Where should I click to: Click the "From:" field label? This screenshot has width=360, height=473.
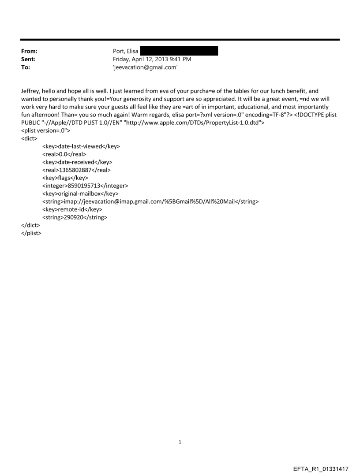29,52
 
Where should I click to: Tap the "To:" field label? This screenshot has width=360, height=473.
25,67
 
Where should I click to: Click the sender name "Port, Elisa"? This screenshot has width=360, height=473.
126,52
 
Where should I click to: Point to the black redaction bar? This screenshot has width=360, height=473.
179,51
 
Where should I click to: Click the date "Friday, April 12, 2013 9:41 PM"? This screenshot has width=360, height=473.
152,59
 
